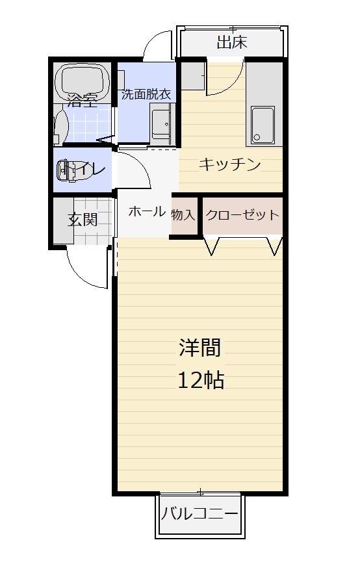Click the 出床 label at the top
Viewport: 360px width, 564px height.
tap(232, 42)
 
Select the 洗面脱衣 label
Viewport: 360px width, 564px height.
tap(146, 94)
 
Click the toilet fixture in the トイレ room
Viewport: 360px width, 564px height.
tap(67, 170)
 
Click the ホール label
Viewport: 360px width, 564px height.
tap(147, 212)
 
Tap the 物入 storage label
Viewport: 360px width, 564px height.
tap(183, 215)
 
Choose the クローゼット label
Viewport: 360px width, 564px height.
tap(242, 215)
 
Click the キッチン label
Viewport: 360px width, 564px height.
tap(230, 165)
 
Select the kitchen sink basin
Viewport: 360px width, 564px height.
tap(263, 125)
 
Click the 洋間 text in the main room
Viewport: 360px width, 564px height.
tap(200, 348)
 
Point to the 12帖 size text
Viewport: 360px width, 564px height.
tap(201, 380)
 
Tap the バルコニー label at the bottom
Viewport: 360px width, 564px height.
tap(199, 513)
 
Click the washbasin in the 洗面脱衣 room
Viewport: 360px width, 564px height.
tap(161, 123)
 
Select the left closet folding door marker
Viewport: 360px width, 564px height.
tap(212, 246)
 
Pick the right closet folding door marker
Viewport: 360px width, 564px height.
tap(275, 246)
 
